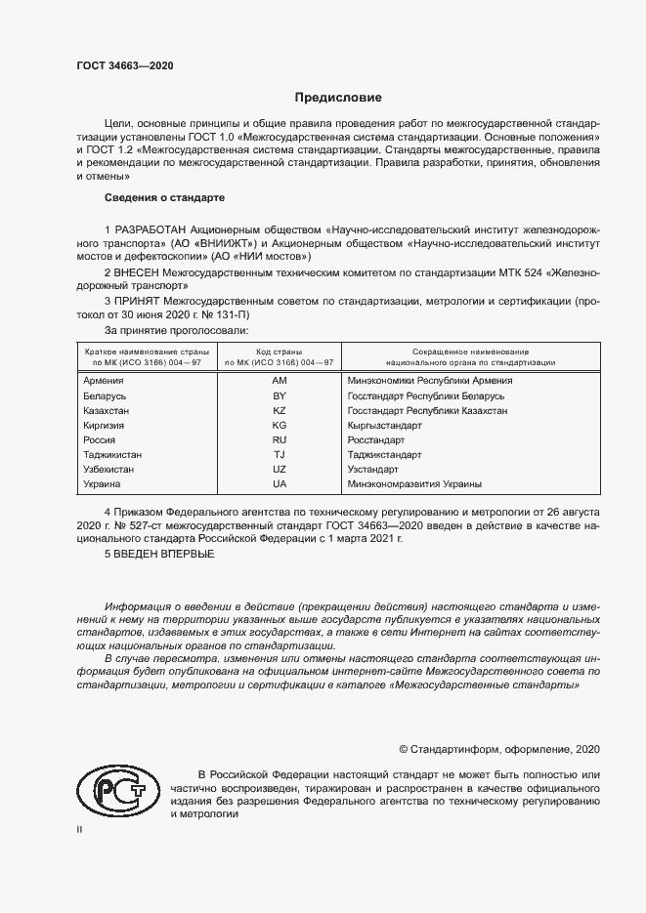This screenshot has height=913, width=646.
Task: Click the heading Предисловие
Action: tap(339, 98)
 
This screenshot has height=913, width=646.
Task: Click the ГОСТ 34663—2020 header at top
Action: tap(124, 65)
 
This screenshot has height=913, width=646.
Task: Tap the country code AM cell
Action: tap(279, 381)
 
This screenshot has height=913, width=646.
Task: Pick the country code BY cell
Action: tap(279, 395)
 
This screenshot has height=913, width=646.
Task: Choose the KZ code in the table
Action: tap(279, 411)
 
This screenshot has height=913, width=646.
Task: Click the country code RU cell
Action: tap(279, 440)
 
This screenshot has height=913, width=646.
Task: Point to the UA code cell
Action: tap(279, 484)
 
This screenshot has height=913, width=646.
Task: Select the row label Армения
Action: tap(104, 381)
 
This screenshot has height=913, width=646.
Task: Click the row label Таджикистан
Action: tap(112, 455)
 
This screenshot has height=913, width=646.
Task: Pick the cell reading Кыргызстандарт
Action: tap(384, 426)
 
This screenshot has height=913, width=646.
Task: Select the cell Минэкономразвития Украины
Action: tap(414, 484)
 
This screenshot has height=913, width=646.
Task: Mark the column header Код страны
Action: tap(279, 351)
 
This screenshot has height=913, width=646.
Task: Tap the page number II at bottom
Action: tap(80, 830)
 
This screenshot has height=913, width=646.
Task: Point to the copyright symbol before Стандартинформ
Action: tap(404, 749)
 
